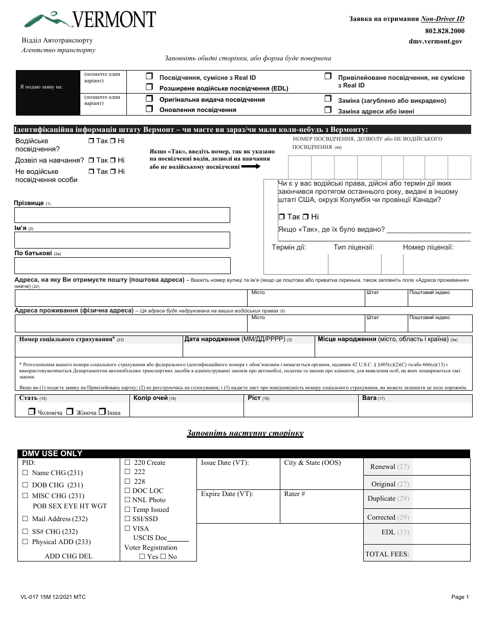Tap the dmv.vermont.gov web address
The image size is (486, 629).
point(435,41)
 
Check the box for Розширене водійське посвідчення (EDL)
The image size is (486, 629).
point(149,88)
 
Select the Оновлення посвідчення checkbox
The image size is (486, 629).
point(149,109)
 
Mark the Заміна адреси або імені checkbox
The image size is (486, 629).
point(327,110)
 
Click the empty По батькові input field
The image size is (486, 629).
point(122,265)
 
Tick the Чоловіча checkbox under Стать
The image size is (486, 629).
point(32,411)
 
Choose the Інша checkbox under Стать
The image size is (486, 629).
point(102,411)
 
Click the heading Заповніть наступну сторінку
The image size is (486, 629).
point(245,433)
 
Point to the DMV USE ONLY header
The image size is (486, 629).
point(52,454)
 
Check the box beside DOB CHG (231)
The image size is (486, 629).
point(25,485)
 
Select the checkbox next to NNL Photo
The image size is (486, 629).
point(128,500)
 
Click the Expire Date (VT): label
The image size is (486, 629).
point(227,494)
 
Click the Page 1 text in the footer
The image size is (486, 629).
point(460,597)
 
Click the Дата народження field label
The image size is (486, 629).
point(212,339)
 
